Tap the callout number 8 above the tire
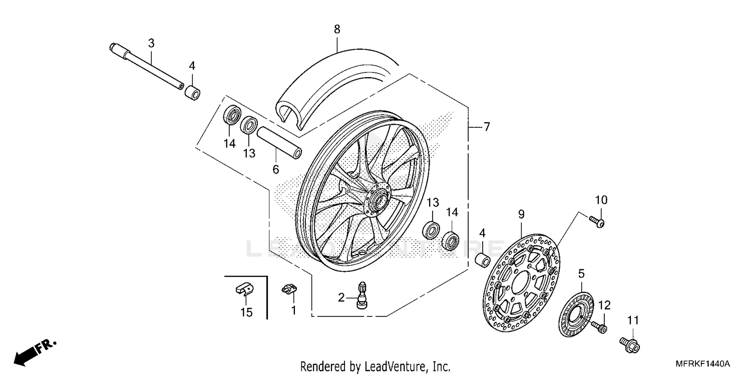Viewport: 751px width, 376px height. (337, 30)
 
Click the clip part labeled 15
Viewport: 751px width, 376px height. (244, 289)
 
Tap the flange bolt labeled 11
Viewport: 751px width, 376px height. (630, 343)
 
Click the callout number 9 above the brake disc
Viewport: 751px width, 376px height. (521, 215)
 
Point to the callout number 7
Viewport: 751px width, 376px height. (487, 127)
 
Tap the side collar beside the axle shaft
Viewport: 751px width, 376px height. (193, 93)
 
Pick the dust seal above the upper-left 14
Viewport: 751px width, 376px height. (232, 116)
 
